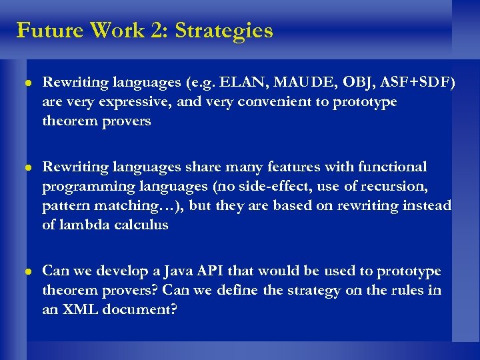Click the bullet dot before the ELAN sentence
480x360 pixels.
coord(26,83)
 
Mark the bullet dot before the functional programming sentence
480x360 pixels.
coord(26,167)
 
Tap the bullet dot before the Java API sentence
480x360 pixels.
coord(26,272)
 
